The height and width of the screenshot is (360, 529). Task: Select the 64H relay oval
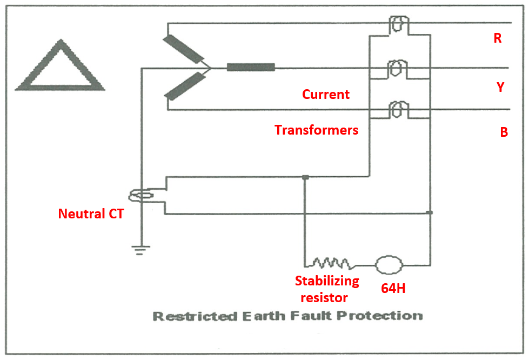(389, 265)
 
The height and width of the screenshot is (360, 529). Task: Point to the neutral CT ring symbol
(143, 195)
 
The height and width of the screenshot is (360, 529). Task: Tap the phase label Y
(500, 87)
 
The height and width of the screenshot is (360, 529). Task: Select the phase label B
(504, 132)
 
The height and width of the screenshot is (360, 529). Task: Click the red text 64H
(393, 289)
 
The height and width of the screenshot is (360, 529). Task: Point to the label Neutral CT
(91, 214)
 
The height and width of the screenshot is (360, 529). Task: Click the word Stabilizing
(327, 281)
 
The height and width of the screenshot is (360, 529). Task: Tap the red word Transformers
(317, 130)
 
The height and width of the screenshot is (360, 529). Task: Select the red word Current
(326, 95)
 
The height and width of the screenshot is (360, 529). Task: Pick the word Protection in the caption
(386, 316)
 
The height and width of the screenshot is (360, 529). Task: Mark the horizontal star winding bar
(251, 68)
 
